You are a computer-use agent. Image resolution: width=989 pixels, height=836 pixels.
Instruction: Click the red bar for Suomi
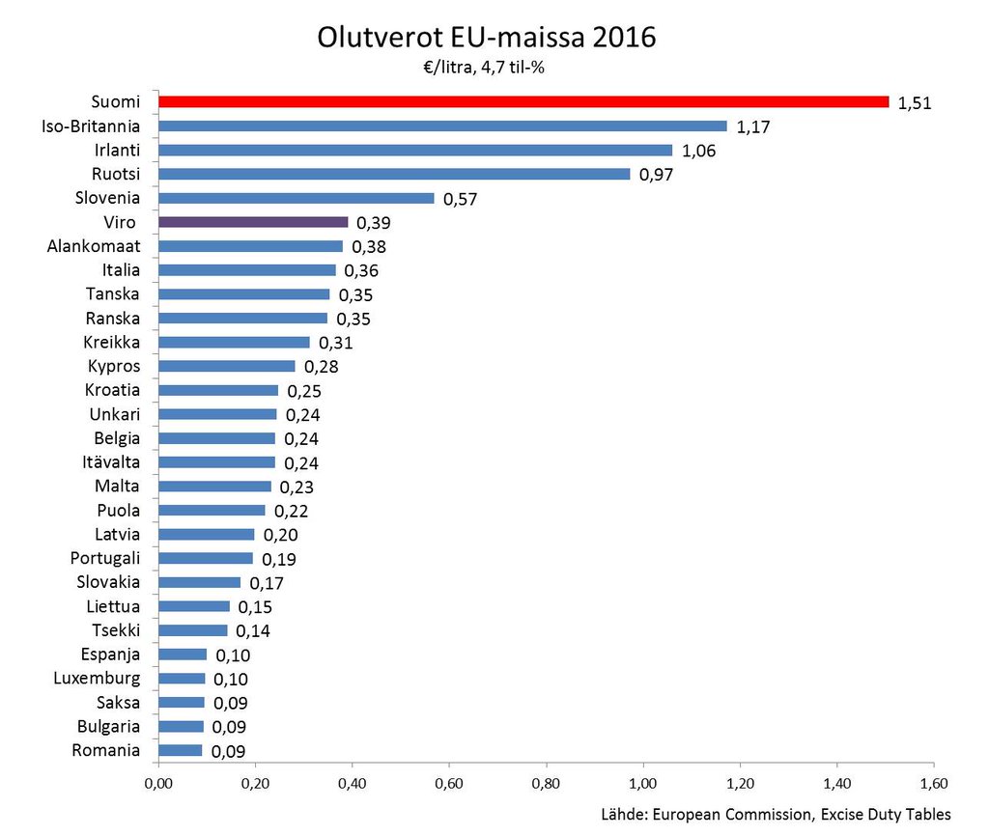pos(523,101)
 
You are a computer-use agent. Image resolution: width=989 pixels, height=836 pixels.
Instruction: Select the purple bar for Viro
pos(253,222)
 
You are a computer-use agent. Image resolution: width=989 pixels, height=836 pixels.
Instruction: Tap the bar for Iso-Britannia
pos(441,125)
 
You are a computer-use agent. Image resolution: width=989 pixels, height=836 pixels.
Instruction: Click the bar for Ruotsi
pos(393,174)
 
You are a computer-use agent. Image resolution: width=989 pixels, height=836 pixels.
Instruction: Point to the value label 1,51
pos(914,103)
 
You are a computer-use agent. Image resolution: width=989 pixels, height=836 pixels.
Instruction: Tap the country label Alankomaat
pos(94,246)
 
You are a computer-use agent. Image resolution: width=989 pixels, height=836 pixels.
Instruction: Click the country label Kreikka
pos(112,342)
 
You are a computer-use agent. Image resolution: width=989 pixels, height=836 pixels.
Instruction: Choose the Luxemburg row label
pos(97,678)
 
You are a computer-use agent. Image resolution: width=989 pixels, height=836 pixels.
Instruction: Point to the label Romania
pos(106,750)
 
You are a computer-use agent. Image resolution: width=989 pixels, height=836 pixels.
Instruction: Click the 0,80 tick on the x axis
pos(547,782)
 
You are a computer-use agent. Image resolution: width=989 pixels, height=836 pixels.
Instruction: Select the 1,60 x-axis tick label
pos(934,782)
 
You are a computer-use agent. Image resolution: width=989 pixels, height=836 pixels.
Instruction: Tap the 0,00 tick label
pos(157,782)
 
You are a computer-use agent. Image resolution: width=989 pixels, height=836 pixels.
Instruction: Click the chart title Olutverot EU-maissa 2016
pos(486,38)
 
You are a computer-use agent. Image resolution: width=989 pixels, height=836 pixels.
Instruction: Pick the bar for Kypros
pos(226,366)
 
